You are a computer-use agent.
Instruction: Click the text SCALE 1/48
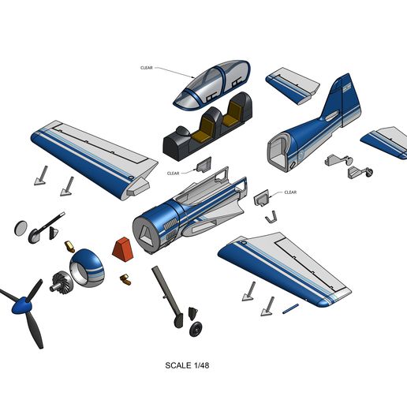187,365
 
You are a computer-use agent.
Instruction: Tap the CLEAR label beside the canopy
147,68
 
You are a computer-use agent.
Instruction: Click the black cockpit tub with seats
207,127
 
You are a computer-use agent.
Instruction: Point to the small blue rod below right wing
290,308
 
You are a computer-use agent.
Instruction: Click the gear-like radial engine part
60,282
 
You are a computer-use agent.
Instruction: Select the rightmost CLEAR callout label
290,192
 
